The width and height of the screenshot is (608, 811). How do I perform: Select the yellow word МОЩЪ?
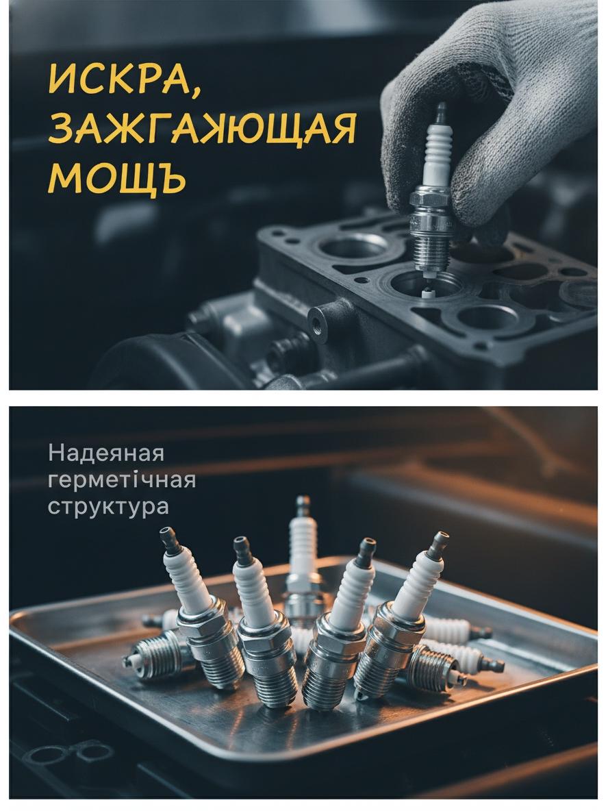coord(117,178)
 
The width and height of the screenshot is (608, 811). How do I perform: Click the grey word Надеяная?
coord(106,453)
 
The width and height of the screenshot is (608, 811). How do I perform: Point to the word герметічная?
coord(122,480)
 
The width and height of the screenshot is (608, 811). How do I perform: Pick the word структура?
coord(109,507)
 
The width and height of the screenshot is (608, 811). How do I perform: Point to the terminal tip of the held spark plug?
coord(440,109)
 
